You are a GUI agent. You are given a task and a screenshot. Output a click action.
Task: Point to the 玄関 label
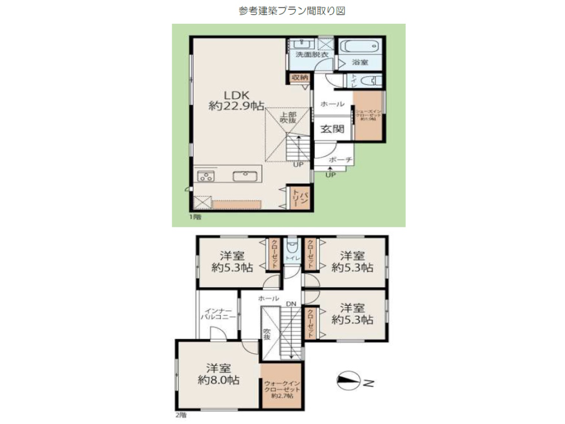click(333, 129)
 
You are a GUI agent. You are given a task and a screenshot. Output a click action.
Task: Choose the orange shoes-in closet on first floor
click(368, 116)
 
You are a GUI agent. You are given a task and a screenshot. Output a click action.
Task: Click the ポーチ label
click(341, 161)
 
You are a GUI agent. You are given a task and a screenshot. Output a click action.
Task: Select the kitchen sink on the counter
click(245, 176)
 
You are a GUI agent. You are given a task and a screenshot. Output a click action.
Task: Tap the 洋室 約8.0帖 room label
click(217, 373)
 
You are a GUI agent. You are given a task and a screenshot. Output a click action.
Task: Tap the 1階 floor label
click(195, 217)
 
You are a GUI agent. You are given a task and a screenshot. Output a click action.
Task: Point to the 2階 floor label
click(180, 415)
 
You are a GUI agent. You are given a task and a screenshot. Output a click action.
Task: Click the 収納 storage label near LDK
click(300, 77)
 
